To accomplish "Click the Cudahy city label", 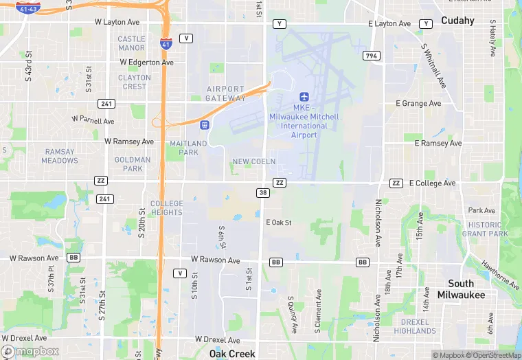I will (457, 21).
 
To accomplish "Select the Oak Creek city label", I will (232, 354).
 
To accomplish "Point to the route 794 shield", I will (372, 56).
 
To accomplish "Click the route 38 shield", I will (263, 193).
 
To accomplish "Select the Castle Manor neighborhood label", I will (131, 43).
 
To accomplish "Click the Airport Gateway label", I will (225, 93).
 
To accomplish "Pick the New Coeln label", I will (253, 161).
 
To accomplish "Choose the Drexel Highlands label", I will (415, 326).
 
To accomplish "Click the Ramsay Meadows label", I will (60, 156).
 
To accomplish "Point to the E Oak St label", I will (279, 223).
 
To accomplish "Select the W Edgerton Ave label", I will (146, 63).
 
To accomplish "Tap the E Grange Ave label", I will (418, 104).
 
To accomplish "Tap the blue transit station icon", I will (204, 124).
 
